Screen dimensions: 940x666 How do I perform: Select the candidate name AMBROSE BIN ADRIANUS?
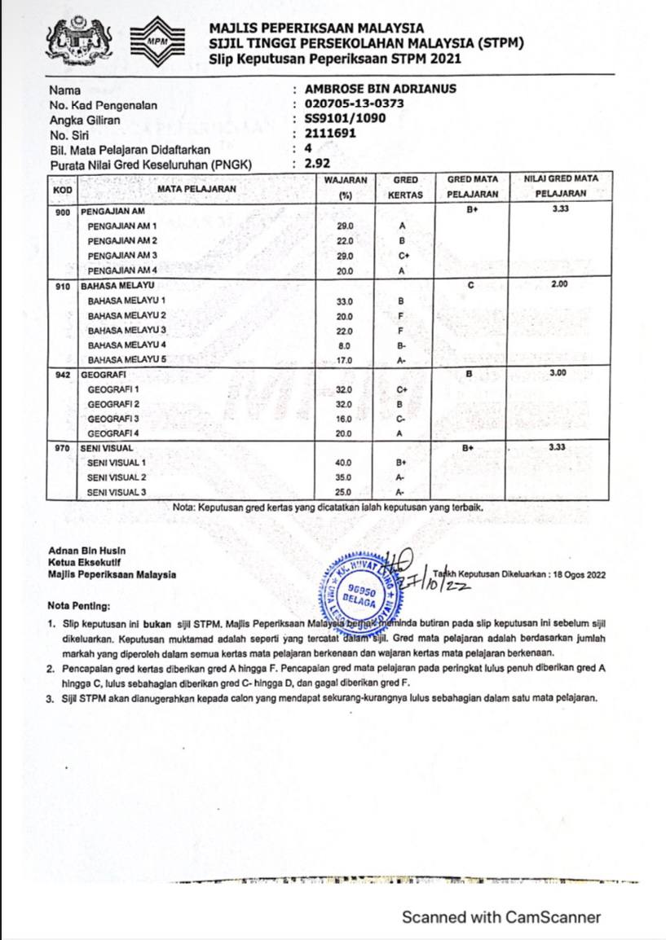(x=380, y=90)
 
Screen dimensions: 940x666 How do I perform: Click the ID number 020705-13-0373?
(x=354, y=104)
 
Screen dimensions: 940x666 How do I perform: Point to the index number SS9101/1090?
(x=345, y=119)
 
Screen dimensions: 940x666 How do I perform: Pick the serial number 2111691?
(x=329, y=134)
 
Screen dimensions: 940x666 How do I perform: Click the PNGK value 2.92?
(x=316, y=165)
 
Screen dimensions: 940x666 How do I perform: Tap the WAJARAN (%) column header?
(x=345, y=187)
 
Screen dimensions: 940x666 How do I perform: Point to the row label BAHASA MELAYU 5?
(x=126, y=359)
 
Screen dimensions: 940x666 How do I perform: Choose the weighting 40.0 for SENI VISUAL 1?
(x=344, y=463)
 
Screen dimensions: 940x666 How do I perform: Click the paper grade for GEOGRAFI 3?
(x=401, y=419)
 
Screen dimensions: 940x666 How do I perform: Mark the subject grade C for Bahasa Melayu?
(x=470, y=285)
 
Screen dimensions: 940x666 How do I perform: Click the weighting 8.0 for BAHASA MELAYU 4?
(x=344, y=345)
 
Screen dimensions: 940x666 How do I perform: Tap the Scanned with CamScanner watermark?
(x=501, y=917)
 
